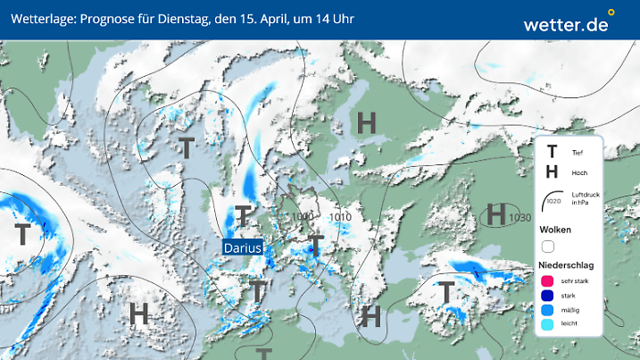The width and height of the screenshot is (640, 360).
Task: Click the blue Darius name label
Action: tap(243, 247)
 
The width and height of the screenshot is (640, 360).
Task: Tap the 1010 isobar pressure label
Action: tap(340, 217)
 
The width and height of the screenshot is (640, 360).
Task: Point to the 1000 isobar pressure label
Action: tap(302, 217)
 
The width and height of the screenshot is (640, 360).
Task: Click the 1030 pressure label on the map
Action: tap(519, 217)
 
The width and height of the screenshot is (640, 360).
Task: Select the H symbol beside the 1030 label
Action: tap(495, 215)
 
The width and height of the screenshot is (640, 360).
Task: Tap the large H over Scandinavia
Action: tap(366, 123)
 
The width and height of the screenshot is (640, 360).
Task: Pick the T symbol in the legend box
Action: tap(552, 153)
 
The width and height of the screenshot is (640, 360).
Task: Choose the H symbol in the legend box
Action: tap(552, 172)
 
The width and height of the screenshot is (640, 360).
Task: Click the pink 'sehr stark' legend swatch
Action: tap(548, 281)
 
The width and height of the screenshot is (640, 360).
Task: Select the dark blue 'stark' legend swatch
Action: tap(548, 297)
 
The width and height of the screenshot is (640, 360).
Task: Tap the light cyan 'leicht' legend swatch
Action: tap(548, 326)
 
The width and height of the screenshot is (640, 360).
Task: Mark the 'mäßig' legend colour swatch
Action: tap(548, 311)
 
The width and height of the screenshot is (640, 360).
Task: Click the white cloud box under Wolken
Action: tap(548, 247)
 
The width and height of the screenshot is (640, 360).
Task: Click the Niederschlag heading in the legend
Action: tap(565, 265)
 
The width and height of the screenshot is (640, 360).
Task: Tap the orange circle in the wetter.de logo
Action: tap(611, 13)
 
